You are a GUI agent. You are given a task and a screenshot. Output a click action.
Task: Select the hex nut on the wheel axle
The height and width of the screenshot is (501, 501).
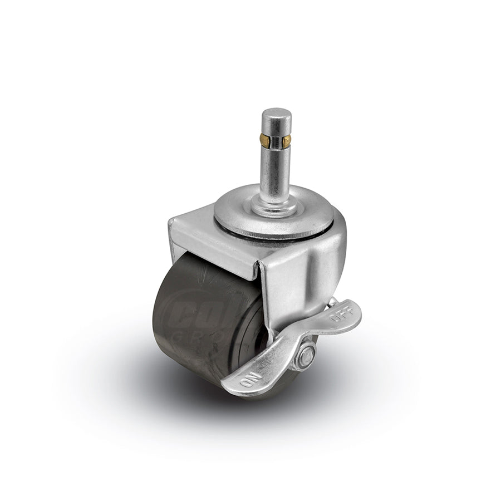[x=306, y=355]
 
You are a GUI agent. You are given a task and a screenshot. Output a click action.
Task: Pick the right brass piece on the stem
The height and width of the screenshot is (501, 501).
[x=288, y=137]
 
